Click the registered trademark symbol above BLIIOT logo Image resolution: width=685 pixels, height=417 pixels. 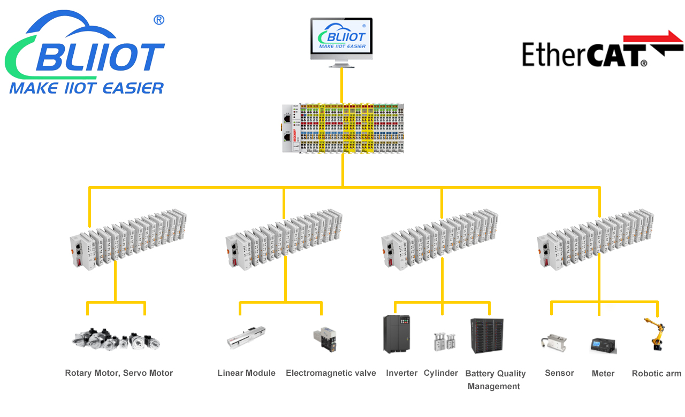158,20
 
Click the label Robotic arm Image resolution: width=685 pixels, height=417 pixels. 656,373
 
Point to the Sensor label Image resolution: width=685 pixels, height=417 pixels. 559,373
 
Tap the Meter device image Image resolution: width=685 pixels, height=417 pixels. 603,345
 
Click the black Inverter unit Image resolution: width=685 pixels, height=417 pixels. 397,334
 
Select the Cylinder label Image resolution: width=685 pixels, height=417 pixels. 441,373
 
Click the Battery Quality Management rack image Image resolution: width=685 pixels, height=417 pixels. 486,336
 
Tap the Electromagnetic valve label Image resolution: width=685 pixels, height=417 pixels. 331,373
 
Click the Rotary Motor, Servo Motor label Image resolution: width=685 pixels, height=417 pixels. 119,373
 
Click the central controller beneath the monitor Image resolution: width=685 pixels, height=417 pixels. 342,128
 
